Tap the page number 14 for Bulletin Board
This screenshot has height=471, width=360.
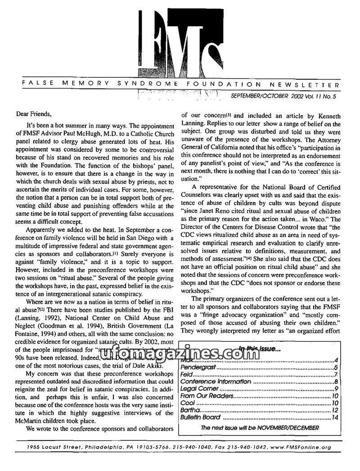(334, 417)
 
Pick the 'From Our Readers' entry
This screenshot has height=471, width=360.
(207, 396)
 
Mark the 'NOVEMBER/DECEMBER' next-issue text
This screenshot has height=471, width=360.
(290, 428)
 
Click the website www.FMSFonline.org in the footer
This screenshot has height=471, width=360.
(301, 448)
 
